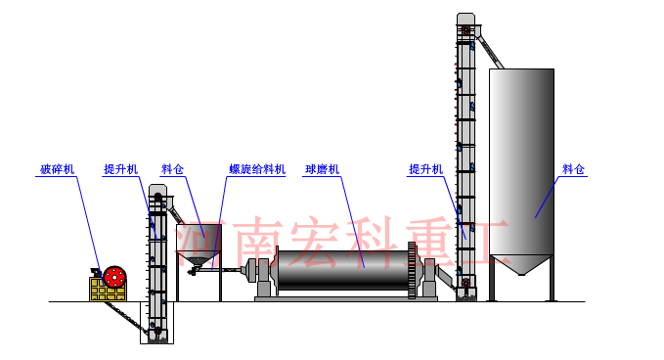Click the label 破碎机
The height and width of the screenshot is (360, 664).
tap(56, 169)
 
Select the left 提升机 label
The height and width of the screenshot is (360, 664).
tap(120, 169)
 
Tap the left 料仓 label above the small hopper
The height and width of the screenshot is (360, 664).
tap(174, 169)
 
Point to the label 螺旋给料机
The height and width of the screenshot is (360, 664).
tap(257, 169)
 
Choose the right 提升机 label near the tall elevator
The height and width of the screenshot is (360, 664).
tap(425, 169)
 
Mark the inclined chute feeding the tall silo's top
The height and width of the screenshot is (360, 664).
tap(492, 50)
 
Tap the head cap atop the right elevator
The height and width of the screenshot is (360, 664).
tap(466, 20)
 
